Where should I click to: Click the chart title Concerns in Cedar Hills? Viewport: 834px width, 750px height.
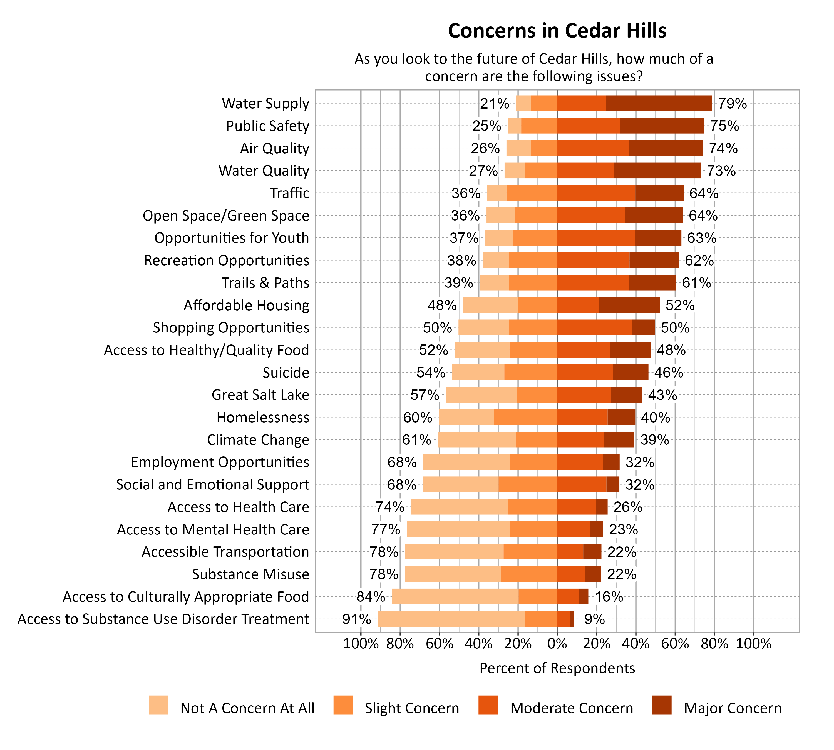pos(557,31)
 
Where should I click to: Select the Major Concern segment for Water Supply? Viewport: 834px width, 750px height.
pos(659,103)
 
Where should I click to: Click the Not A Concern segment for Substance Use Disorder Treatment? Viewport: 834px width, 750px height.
pos(451,619)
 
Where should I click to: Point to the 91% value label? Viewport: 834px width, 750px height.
pos(356,619)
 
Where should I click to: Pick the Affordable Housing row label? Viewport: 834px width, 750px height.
pos(246,305)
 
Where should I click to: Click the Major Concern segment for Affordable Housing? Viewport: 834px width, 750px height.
pos(629,305)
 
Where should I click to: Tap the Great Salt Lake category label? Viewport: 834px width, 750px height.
pos(260,395)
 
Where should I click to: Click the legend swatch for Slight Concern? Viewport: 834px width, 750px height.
pos(343,705)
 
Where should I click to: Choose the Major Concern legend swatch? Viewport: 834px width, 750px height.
pos(662,705)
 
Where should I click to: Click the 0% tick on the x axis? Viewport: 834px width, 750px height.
pos(557,644)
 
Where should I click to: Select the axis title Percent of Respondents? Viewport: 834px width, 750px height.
pos(557,668)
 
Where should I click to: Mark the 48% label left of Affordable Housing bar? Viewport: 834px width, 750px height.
pos(442,305)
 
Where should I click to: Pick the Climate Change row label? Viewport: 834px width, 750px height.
pos(258,440)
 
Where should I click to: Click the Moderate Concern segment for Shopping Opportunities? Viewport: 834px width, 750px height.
pos(594,327)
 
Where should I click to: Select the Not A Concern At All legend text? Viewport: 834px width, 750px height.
pos(247,708)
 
